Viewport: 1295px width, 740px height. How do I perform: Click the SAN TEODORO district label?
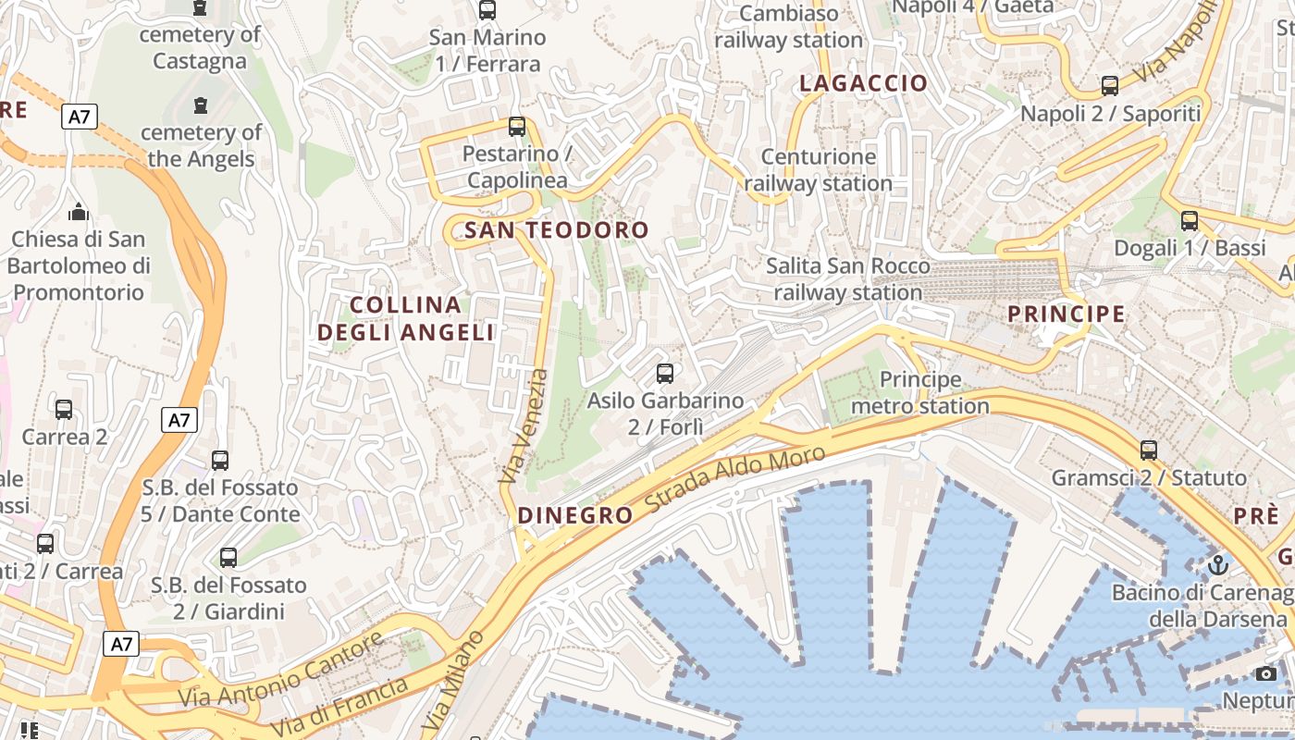[557, 230]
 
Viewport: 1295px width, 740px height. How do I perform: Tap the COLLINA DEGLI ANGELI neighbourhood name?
[406, 318]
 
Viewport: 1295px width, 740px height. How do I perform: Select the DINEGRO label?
[575, 515]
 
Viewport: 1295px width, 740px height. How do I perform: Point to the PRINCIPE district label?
[1067, 314]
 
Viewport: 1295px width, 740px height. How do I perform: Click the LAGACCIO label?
[863, 83]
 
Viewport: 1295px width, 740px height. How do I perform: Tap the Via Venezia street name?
[524, 426]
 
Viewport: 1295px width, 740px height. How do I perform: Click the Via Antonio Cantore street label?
[281, 669]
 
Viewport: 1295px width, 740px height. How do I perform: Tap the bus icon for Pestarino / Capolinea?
[517, 127]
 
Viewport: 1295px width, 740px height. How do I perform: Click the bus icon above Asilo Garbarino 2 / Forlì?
[664, 374]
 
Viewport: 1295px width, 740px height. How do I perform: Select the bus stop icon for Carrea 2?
[64, 410]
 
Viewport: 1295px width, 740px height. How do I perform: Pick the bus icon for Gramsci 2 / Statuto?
[1149, 450]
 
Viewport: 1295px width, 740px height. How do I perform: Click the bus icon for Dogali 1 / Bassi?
[1190, 221]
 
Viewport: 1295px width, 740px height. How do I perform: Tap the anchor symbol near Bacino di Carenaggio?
[1218, 563]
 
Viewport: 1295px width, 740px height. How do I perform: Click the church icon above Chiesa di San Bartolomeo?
[79, 213]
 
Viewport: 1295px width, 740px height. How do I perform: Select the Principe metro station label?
[920, 393]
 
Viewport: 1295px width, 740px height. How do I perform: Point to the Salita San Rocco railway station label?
[848, 279]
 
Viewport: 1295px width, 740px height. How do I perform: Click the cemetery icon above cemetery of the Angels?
[201, 105]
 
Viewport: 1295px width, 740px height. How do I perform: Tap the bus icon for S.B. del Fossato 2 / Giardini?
[228, 558]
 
